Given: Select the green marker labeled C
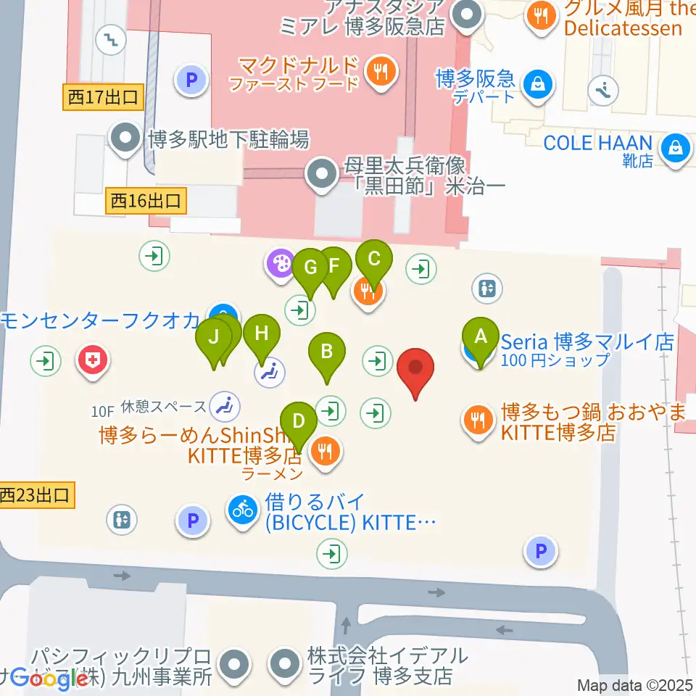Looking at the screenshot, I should tap(374, 260).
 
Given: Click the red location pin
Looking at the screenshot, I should tap(416, 368).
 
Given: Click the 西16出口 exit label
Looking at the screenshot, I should tap(149, 200).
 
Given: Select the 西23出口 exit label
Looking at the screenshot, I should tap(36, 496).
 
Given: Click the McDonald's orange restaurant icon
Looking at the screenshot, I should tap(379, 71).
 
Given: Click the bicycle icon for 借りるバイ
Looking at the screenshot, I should tap(244, 510).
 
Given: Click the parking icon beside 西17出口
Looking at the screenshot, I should tap(193, 80).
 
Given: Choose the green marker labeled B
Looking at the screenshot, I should tap(327, 353).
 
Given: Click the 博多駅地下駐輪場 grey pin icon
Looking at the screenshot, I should tap(125, 138).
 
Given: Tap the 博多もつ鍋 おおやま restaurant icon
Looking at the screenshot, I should tap(478, 420).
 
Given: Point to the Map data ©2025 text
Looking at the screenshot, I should tap(635, 684).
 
